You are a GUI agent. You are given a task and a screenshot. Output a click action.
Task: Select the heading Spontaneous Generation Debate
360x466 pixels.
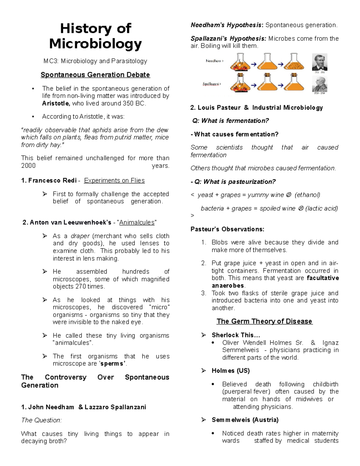(95, 75)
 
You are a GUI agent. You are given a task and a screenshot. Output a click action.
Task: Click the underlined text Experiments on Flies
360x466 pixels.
(114, 181)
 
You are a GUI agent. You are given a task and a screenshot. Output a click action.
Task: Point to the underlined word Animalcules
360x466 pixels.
(137, 223)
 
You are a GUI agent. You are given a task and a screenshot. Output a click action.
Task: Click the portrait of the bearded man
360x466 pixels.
(319, 62)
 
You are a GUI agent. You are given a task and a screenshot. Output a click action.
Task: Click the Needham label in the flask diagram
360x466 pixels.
(214, 61)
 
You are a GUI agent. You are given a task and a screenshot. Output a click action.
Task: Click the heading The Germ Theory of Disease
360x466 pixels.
(264, 321)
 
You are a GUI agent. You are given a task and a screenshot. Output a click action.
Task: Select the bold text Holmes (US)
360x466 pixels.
(231, 371)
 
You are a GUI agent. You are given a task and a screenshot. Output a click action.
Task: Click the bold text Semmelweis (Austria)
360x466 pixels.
(245, 420)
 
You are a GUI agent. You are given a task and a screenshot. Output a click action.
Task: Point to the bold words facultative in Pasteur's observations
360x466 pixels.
(323, 278)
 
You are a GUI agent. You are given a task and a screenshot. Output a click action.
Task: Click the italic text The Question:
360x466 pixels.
(41, 420)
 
